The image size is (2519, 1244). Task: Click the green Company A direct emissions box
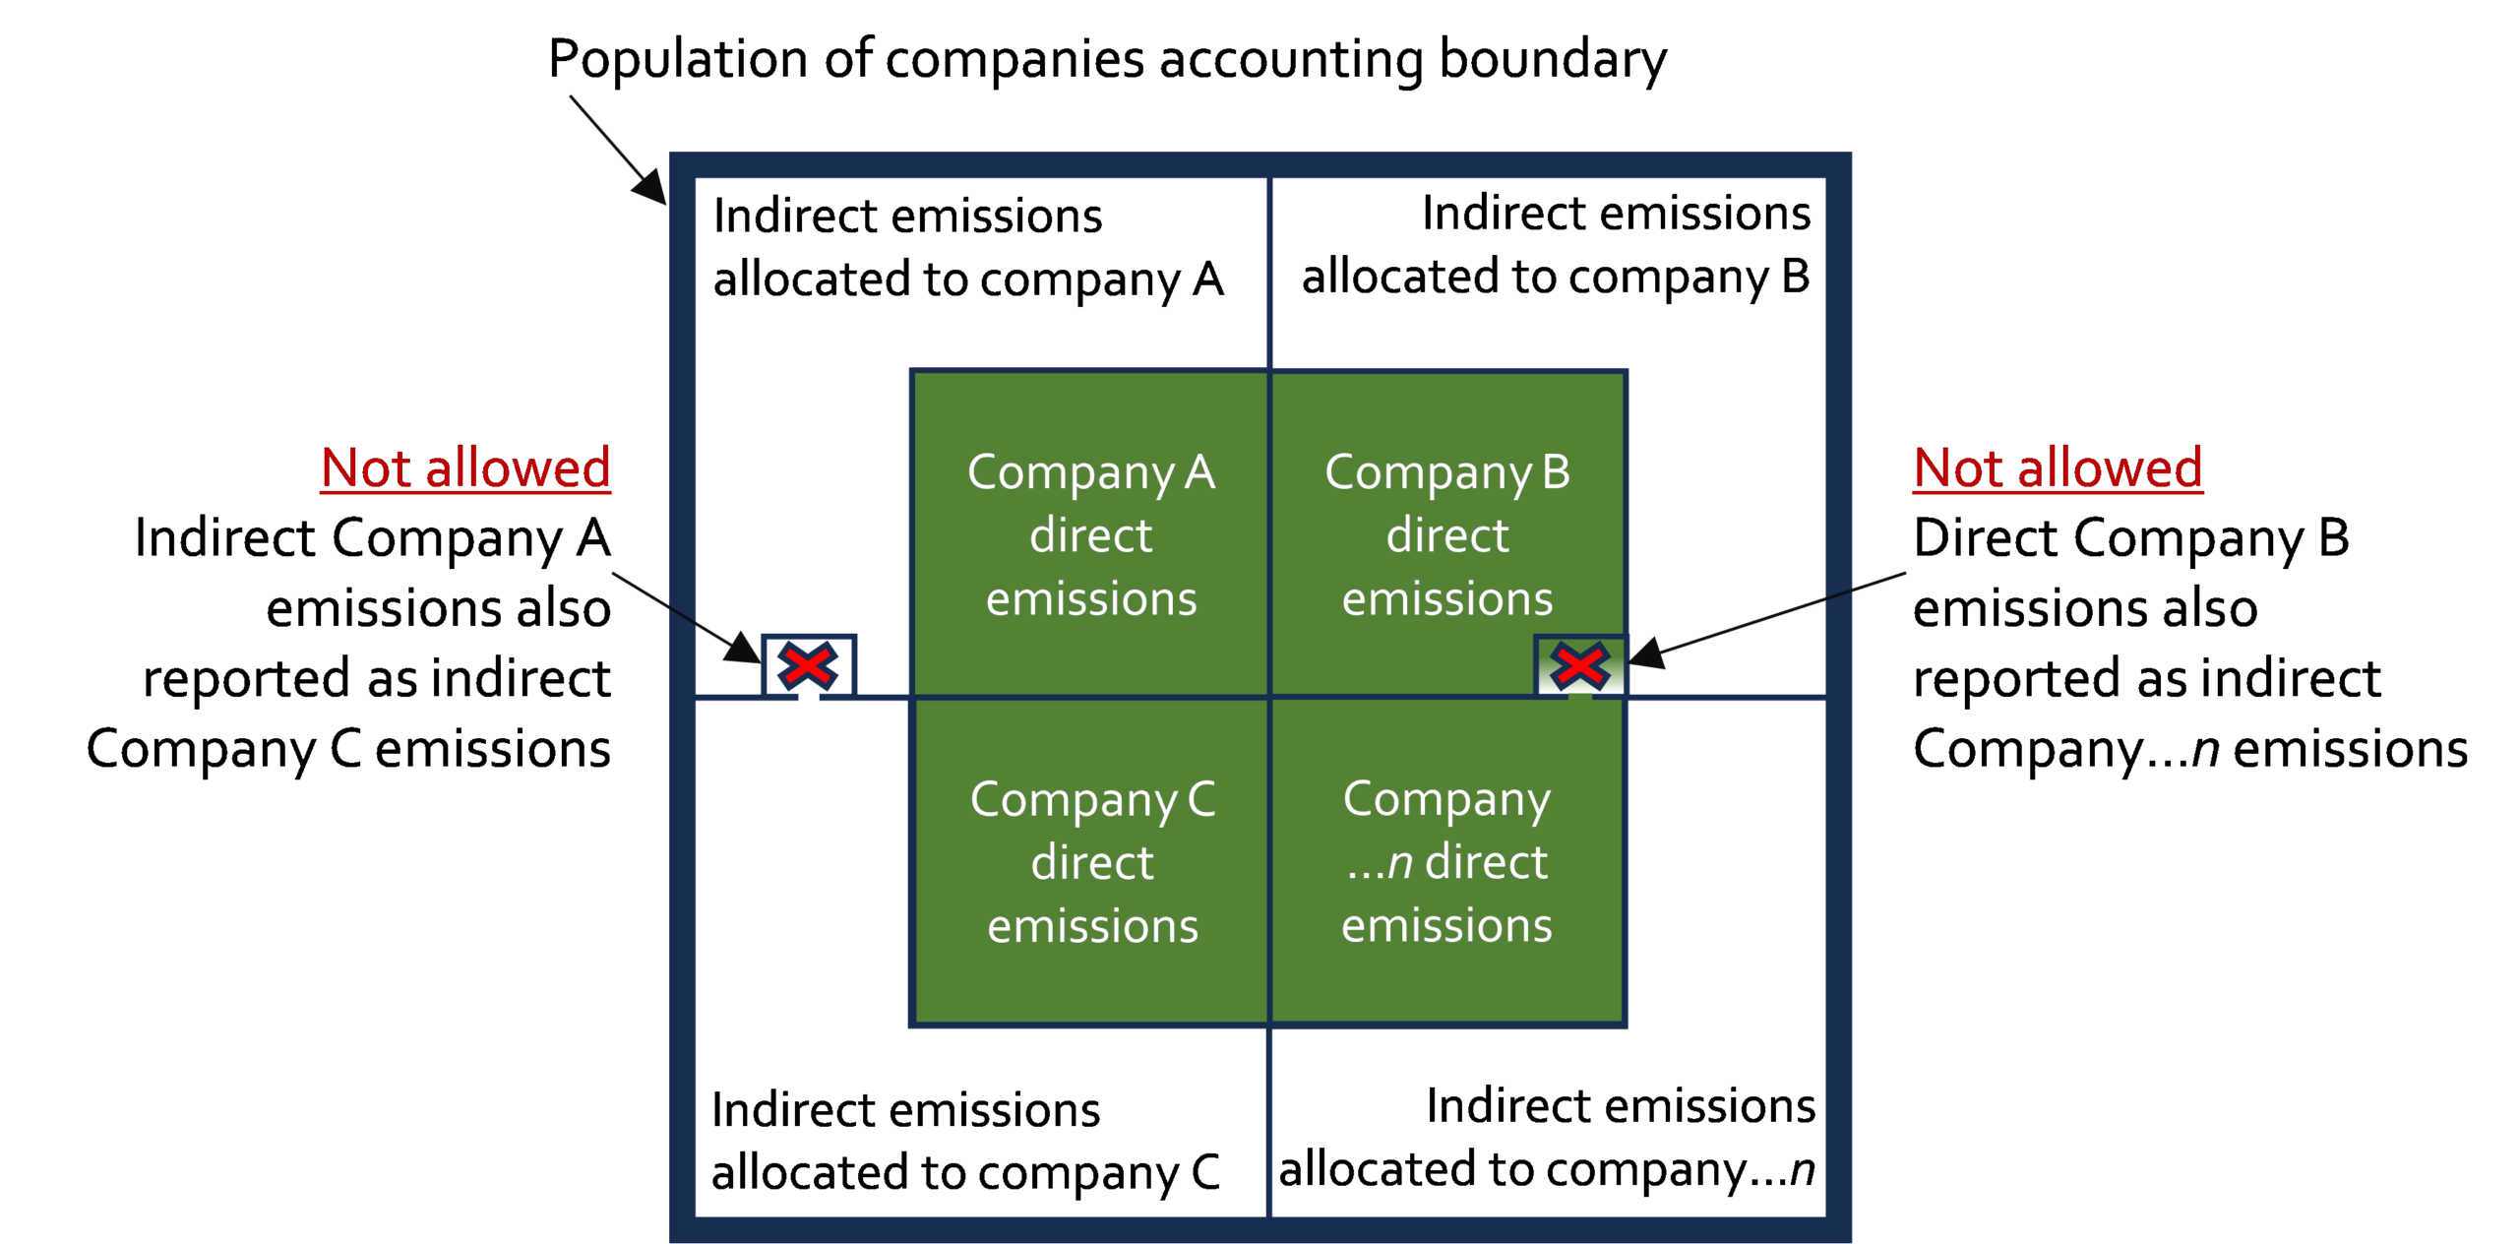click(x=1090, y=534)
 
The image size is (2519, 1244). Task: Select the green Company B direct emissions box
click(x=1447, y=534)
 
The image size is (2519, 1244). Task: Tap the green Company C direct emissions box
click(x=1090, y=861)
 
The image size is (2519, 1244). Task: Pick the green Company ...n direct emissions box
click(x=1447, y=861)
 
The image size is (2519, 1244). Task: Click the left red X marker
click(x=808, y=666)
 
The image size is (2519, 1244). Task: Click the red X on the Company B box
click(x=1580, y=666)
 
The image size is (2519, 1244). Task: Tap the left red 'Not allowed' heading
click(x=465, y=467)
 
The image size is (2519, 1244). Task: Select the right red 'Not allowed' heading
click(x=2058, y=467)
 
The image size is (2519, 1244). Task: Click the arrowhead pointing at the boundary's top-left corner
click(x=650, y=185)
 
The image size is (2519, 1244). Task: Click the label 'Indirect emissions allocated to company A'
click(x=968, y=248)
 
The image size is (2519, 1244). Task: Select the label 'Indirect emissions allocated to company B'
click(x=1556, y=246)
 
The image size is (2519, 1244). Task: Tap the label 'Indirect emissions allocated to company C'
click(x=965, y=1142)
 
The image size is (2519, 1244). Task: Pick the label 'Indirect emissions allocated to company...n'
click(x=1547, y=1138)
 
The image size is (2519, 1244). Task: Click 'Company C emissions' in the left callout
click(x=348, y=750)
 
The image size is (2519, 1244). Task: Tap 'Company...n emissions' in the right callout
click(x=2190, y=750)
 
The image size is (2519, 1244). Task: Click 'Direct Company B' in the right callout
click(x=2131, y=539)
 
